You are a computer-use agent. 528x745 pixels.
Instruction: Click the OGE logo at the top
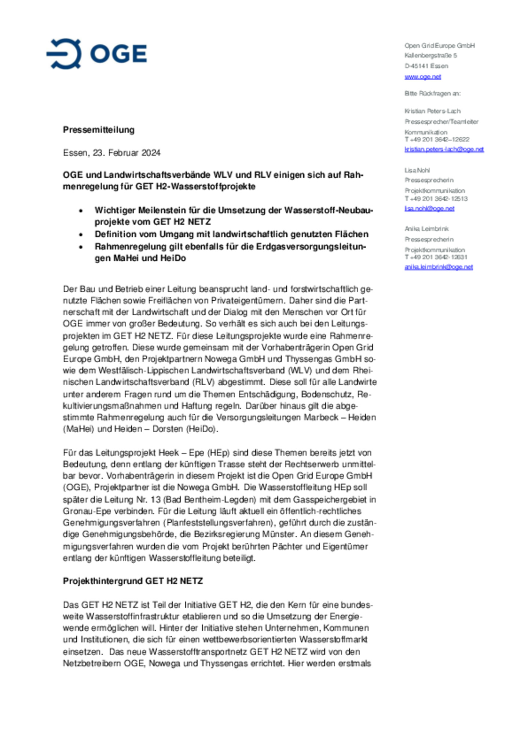[97, 54]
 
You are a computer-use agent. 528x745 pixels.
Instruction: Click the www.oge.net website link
[422, 77]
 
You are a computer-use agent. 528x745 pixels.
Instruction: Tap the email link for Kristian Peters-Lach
[444, 149]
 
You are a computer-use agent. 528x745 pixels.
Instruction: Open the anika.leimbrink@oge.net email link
[439, 267]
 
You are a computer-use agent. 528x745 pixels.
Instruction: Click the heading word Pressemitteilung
[99, 130]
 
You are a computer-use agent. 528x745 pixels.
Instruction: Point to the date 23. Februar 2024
[126, 153]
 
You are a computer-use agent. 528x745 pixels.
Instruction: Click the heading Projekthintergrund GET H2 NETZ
[133, 581]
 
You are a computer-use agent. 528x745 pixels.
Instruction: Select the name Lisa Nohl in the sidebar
[417, 170]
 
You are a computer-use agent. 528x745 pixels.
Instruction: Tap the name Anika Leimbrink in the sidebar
[426, 229]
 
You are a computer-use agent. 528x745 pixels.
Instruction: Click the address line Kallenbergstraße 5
[430, 56]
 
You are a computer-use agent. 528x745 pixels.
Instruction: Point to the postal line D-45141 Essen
[426, 66]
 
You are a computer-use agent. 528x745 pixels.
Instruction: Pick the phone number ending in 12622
[437, 139]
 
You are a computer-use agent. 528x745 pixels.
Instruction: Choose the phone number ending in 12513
[436, 199]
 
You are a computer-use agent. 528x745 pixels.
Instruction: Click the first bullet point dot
[81, 211]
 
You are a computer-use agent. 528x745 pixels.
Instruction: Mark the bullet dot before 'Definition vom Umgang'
[81, 235]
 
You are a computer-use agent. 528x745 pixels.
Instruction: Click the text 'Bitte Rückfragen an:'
[432, 93]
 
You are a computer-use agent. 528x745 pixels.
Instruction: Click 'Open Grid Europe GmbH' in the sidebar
[440, 45]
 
